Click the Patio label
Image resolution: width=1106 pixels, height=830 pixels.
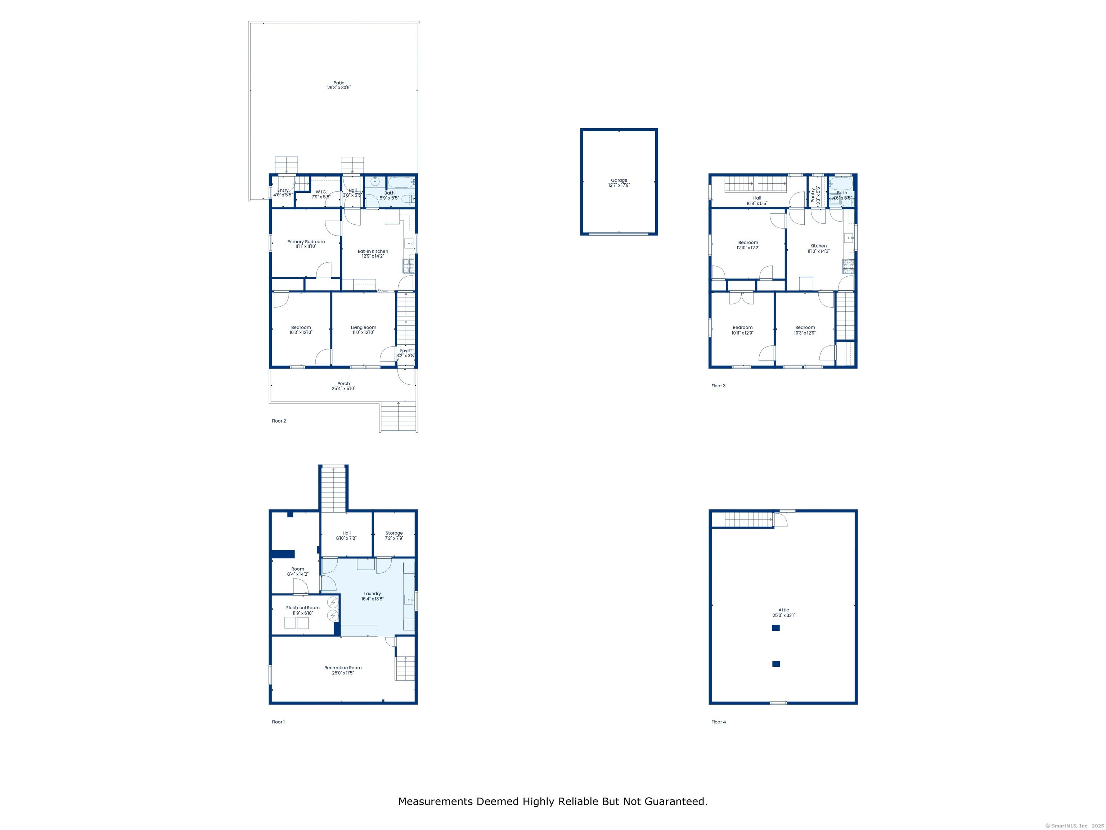click(x=339, y=83)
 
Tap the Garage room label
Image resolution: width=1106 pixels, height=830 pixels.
click(x=619, y=180)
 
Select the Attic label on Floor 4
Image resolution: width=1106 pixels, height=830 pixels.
click(x=783, y=610)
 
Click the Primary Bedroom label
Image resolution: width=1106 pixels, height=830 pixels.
click(x=306, y=242)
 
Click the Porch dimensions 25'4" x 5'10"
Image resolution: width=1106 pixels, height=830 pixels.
click(x=343, y=389)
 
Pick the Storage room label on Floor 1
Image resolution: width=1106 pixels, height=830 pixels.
click(x=394, y=533)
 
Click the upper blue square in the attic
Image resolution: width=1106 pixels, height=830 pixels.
click(x=775, y=628)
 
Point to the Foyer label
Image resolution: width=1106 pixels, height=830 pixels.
click(x=406, y=351)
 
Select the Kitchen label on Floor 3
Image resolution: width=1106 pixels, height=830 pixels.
click(x=818, y=246)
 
